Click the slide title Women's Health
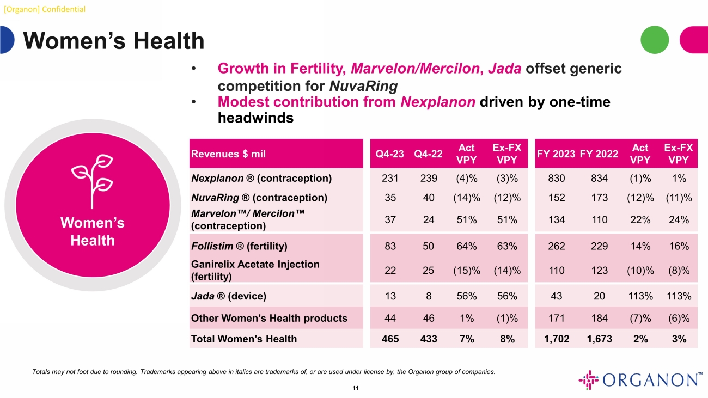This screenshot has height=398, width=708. coord(113,41)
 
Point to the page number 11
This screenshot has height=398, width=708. coord(355,388)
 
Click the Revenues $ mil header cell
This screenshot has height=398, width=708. coord(228,154)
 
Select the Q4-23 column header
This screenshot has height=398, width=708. coord(390,154)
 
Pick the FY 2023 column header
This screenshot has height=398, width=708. coord(556,154)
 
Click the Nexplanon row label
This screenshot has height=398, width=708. coord(261,177)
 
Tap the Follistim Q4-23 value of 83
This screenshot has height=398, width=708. coord(390,246)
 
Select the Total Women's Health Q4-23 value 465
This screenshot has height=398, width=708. coord(390,339)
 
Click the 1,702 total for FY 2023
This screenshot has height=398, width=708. coord(556,339)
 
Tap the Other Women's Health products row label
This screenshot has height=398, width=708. coord(269,318)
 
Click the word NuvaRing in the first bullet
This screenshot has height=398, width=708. coord(363,86)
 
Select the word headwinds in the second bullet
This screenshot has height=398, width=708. coord(255,118)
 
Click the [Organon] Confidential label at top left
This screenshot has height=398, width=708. coord(45,9)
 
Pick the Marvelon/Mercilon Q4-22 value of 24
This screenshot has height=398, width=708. coord(428,220)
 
